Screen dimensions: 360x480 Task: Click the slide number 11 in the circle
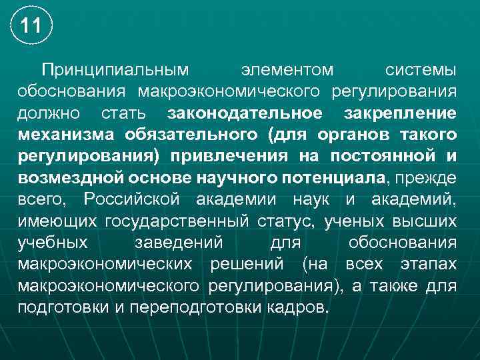coord(31,27)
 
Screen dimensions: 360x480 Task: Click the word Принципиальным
coord(115,70)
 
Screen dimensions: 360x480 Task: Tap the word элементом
coord(288,70)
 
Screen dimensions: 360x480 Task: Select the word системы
coord(421,70)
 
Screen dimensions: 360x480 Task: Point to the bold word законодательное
coord(245,113)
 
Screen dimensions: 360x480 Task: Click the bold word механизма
coord(65,135)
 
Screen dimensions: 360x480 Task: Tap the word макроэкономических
coord(105,264)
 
